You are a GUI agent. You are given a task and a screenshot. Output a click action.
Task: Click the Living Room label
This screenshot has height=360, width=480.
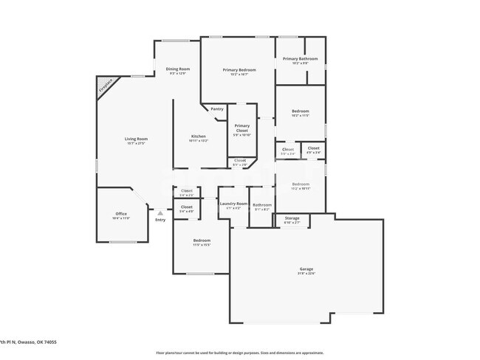[136, 139]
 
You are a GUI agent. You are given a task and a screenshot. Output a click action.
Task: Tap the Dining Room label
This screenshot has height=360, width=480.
[177, 69]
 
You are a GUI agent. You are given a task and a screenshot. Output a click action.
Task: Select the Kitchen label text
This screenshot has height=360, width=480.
[198, 136]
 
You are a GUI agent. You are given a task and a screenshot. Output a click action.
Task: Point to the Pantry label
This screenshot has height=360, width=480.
[217, 109]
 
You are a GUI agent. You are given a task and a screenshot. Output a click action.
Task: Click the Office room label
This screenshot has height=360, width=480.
[120, 214]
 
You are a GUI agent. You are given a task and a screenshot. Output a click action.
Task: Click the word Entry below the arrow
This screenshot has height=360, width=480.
[160, 220]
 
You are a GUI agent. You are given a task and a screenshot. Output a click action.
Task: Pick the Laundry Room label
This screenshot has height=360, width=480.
[233, 203]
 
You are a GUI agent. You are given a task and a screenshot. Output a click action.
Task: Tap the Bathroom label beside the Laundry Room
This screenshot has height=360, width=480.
[262, 204]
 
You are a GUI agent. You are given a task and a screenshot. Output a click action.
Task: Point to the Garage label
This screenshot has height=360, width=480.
[306, 269]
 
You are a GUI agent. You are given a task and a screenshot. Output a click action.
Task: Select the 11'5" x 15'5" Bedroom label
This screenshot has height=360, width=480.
[202, 240]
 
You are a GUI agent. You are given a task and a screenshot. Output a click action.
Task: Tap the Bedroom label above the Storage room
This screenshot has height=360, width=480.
[300, 184]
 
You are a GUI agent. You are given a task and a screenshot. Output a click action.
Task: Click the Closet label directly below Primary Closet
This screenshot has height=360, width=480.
[240, 160]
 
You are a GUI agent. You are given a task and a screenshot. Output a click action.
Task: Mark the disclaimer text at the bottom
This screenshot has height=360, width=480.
[239, 353]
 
